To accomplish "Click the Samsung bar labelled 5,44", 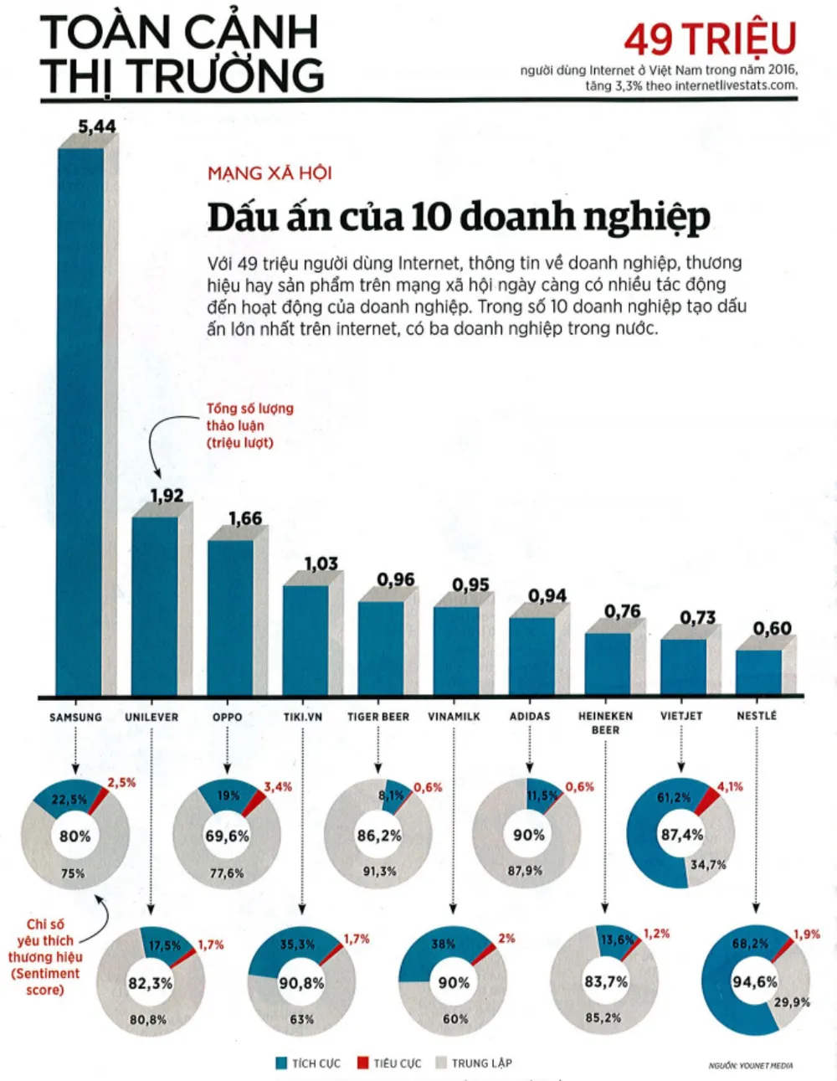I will click(x=80, y=419).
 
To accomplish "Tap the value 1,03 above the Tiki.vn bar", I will click(x=321, y=564).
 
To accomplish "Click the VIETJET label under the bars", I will click(x=681, y=717).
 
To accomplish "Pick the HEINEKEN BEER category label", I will click(x=605, y=723).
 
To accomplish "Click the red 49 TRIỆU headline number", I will click(x=710, y=39).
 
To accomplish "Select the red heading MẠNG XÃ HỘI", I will click(x=270, y=173).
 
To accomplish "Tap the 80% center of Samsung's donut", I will click(x=74, y=836).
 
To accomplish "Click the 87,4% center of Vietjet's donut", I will click(x=681, y=835).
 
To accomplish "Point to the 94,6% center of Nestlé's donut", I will click(x=754, y=981).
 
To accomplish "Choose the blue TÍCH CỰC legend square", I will click(x=281, y=1063).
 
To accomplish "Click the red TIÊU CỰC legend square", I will click(x=362, y=1063).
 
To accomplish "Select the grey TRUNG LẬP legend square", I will click(x=441, y=1063).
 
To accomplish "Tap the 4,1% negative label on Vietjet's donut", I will click(x=730, y=787).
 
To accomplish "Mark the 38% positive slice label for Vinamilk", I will click(x=443, y=944).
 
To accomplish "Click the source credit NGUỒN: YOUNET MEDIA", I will click(x=750, y=1066).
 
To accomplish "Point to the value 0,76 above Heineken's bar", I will click(x=622, y=612).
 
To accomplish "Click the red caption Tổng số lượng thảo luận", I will click(x=249, y=425).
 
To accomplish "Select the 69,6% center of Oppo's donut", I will click(x=227, y=836).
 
